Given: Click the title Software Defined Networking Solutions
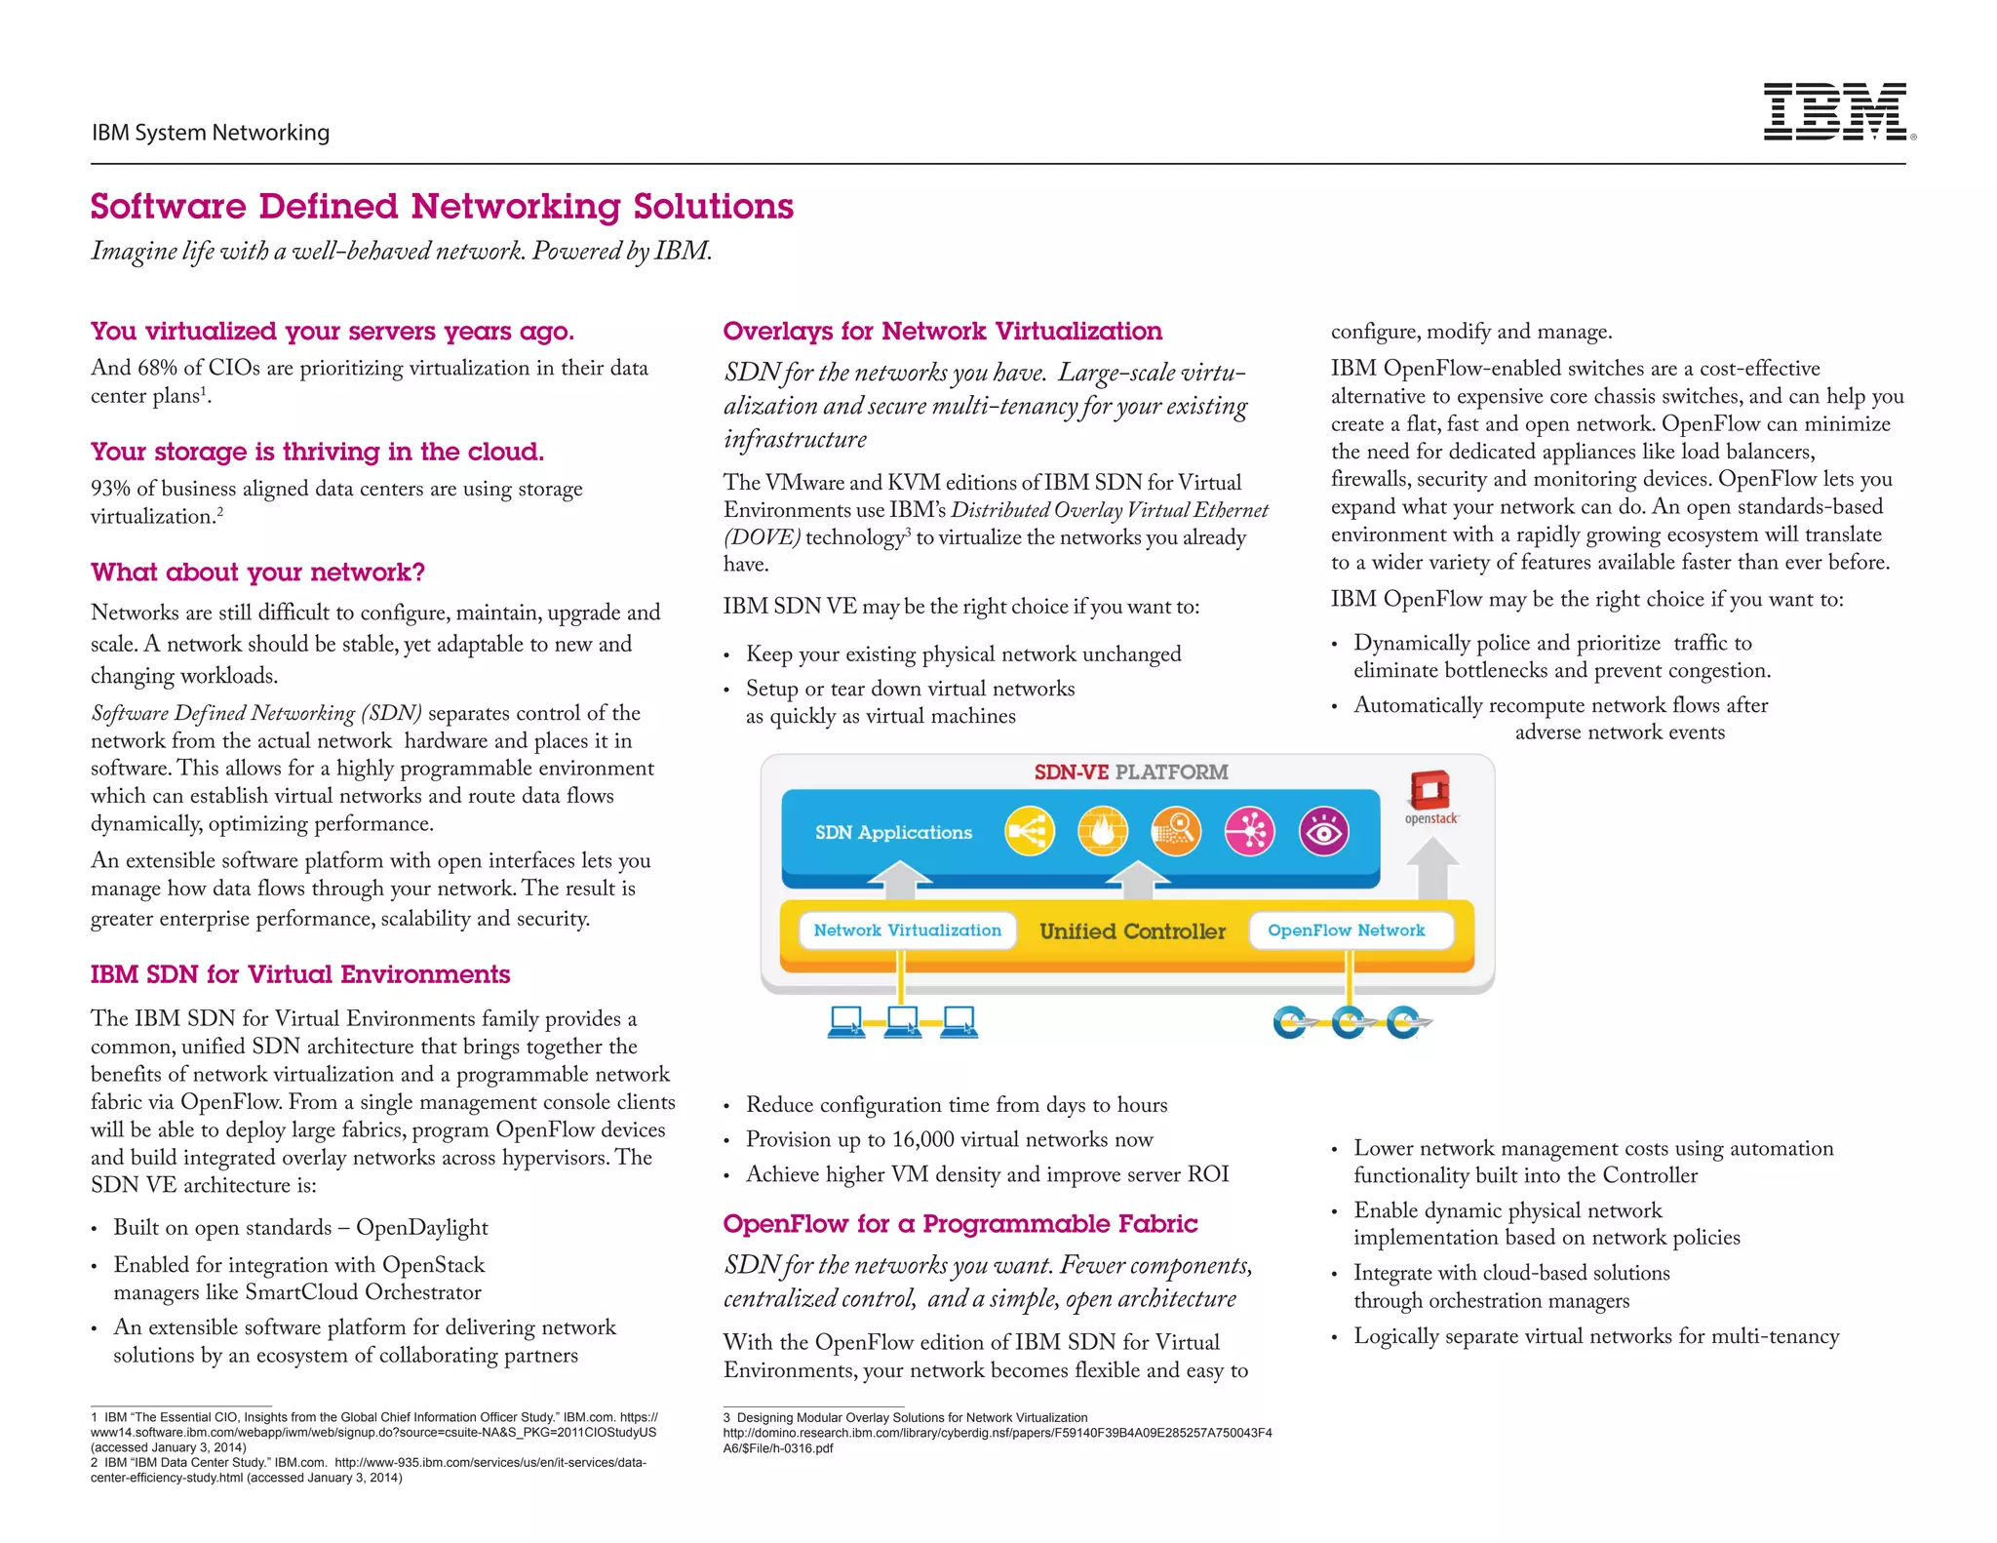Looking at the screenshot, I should [x=442, y=207].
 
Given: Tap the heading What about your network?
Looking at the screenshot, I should [x=257, y=572].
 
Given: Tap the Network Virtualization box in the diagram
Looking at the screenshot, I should [x=907, y=930].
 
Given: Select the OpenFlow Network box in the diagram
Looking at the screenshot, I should [x=1346, y=930].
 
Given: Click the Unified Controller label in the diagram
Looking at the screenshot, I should [x=1132, y=931].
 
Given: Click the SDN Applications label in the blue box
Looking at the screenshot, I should [x=893, y=832].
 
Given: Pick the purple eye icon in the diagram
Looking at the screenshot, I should [x=1323, y=832].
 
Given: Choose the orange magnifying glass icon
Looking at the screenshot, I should [x=1176, y=832].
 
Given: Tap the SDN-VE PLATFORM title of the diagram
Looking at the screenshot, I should [x=1130, y=771].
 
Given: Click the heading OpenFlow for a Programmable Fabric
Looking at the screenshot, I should [x=959, y=1223].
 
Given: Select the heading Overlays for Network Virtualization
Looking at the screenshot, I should [x=942, y=332].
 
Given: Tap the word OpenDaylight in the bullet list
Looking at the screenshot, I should [x=421, y=1228].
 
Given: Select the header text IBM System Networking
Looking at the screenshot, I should [x=211, y=133].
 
